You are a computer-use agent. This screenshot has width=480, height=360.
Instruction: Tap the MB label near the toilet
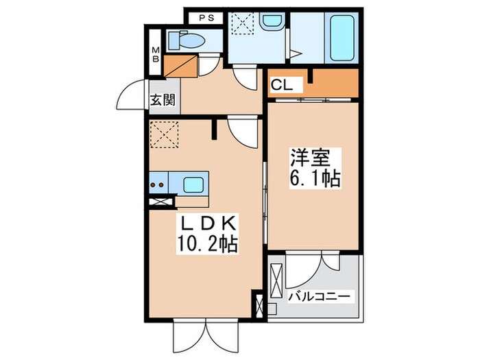pyautogui.click(x=156, y=53)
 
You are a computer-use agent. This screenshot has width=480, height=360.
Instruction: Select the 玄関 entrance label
pyautogui.click(x=163, y=99)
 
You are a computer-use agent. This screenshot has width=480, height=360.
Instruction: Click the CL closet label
pyautogui.click(x=280, y=86)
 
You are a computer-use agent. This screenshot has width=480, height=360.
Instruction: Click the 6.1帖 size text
pyautogui.click(x=313, y=180)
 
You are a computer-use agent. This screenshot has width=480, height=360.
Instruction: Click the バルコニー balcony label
pyautogui.click(x=319, y=296)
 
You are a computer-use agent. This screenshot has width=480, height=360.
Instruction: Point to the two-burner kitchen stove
pyautogui.click(x=158, y=184)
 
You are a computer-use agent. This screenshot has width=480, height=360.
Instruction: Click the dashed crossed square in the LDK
pyautogui.click(x=163, y=134)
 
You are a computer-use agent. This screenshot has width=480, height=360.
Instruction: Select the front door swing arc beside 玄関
pyautogui.click(x=134, y=97)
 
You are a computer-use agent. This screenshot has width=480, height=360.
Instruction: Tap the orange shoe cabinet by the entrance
pyautogui.click(x=181, y=64)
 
